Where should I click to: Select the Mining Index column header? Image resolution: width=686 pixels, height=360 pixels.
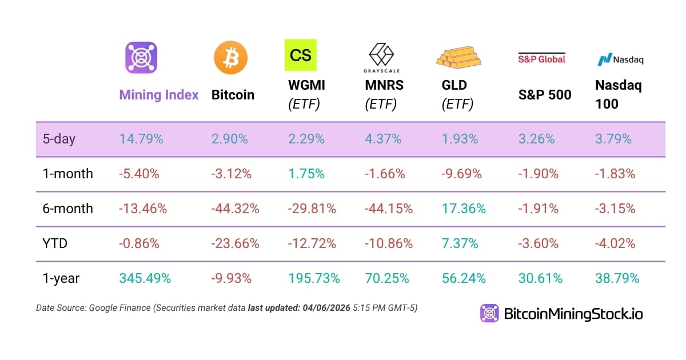pyautogui.click(x=159, y=95)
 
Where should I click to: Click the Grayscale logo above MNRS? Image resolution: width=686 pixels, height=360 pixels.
pyautogui.click(x=381, y=57)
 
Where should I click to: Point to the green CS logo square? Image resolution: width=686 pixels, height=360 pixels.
pyautogui.click(x=301, y=55)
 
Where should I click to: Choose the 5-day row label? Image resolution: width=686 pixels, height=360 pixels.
pyautogui.click(x=59, y=139)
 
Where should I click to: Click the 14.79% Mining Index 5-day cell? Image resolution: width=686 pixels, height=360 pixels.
pyautogui.click(x=141, y=139)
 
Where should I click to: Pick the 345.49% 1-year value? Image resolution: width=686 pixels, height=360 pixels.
pyautogui.click(x=145, y=278)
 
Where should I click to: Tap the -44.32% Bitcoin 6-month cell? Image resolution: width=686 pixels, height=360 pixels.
pyautogui.click(x=235, y=209)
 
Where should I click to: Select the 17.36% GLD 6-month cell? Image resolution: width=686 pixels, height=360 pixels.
pyautogui.click(x=464, y=209)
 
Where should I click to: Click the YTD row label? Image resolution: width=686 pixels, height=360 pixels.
pyautogui.click(x=55, y=243)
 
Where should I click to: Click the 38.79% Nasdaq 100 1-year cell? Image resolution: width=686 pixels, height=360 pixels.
pyautogui.click(x=617, y=278)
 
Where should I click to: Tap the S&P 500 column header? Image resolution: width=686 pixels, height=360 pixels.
pyautogui.click(x=544, y=95)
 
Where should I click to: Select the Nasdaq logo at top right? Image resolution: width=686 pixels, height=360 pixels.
pyautogui.click(x=616, y=59)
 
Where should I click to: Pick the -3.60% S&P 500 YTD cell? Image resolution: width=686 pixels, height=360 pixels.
pyautogui.click(x=538, y=243)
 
